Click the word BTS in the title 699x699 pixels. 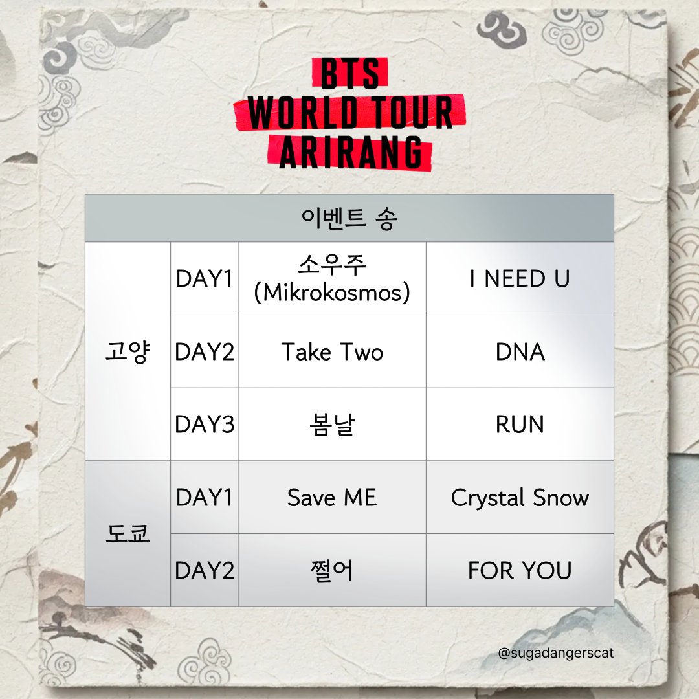click(349, 75)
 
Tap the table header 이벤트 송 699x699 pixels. click(349, 219)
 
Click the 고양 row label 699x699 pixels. click(128, 352)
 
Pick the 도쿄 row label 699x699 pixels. click(128, 534)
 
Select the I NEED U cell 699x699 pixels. click(520, 279)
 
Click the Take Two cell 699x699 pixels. click(332, 352)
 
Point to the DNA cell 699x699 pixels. click(520, 352)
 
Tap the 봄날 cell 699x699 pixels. click(332, 425)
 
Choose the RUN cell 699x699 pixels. click(520, 425)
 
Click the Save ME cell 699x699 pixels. click(332, 498)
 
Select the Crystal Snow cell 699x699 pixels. click(520, 498)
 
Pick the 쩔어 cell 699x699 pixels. click(332, 570)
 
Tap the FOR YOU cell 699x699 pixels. click(520, 570)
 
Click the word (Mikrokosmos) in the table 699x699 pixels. click(332, 293)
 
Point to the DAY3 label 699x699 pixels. click(204, 425)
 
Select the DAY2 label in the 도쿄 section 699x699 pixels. click(204, 570)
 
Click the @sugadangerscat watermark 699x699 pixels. click(556, 653)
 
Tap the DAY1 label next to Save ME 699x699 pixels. click(204, 498)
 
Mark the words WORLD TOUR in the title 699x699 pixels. click(349, 113)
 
